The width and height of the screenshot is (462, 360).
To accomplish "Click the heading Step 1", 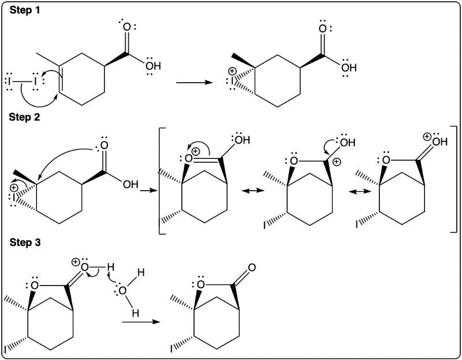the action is click(x=25, y=10).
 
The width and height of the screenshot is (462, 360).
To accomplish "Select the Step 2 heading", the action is click(x=24, y=117).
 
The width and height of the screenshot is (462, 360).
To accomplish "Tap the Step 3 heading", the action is click(x=25, y=242).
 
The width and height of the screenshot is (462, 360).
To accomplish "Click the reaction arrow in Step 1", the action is click(x=194, y=82).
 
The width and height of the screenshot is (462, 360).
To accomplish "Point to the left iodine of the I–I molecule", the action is click(x=9, y=80).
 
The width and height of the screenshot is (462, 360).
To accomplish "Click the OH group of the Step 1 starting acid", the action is click(x=153, y=66).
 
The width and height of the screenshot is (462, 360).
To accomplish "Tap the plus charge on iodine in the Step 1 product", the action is click(x=233, y=71).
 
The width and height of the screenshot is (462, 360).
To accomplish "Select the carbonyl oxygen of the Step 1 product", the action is click(x=323, y=28).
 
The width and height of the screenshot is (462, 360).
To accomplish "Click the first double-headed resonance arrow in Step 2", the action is click(x=253, y=191).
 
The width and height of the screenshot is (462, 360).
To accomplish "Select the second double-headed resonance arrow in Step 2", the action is click(x=359, y=192).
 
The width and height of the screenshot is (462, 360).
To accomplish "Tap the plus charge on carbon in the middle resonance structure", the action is click(x=337, y=162).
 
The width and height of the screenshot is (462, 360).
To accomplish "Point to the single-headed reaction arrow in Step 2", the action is click(x=149, y=191).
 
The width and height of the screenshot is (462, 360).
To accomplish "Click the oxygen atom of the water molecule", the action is click(x=122, y=291).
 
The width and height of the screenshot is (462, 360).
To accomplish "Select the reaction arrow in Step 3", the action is click(x=141, y=322).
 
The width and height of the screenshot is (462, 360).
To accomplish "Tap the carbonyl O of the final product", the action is click(x=252, y=268).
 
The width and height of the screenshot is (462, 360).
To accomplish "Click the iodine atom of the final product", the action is click(x=172, y=349).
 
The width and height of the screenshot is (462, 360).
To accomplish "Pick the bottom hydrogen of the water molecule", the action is click(x=135, y=313).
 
